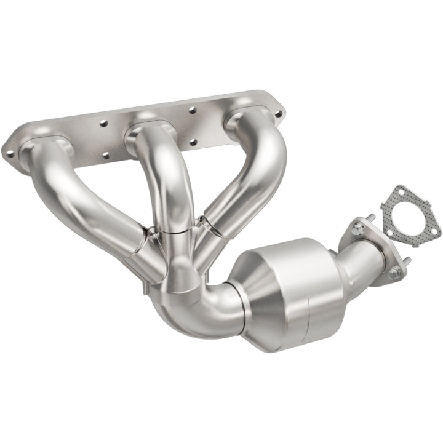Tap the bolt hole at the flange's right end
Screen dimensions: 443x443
pos(278,113)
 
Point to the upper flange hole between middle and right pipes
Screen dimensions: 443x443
pos(192,110)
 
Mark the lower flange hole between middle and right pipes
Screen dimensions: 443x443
pos(196,142)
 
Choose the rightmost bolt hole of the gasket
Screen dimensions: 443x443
pos(434,232)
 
